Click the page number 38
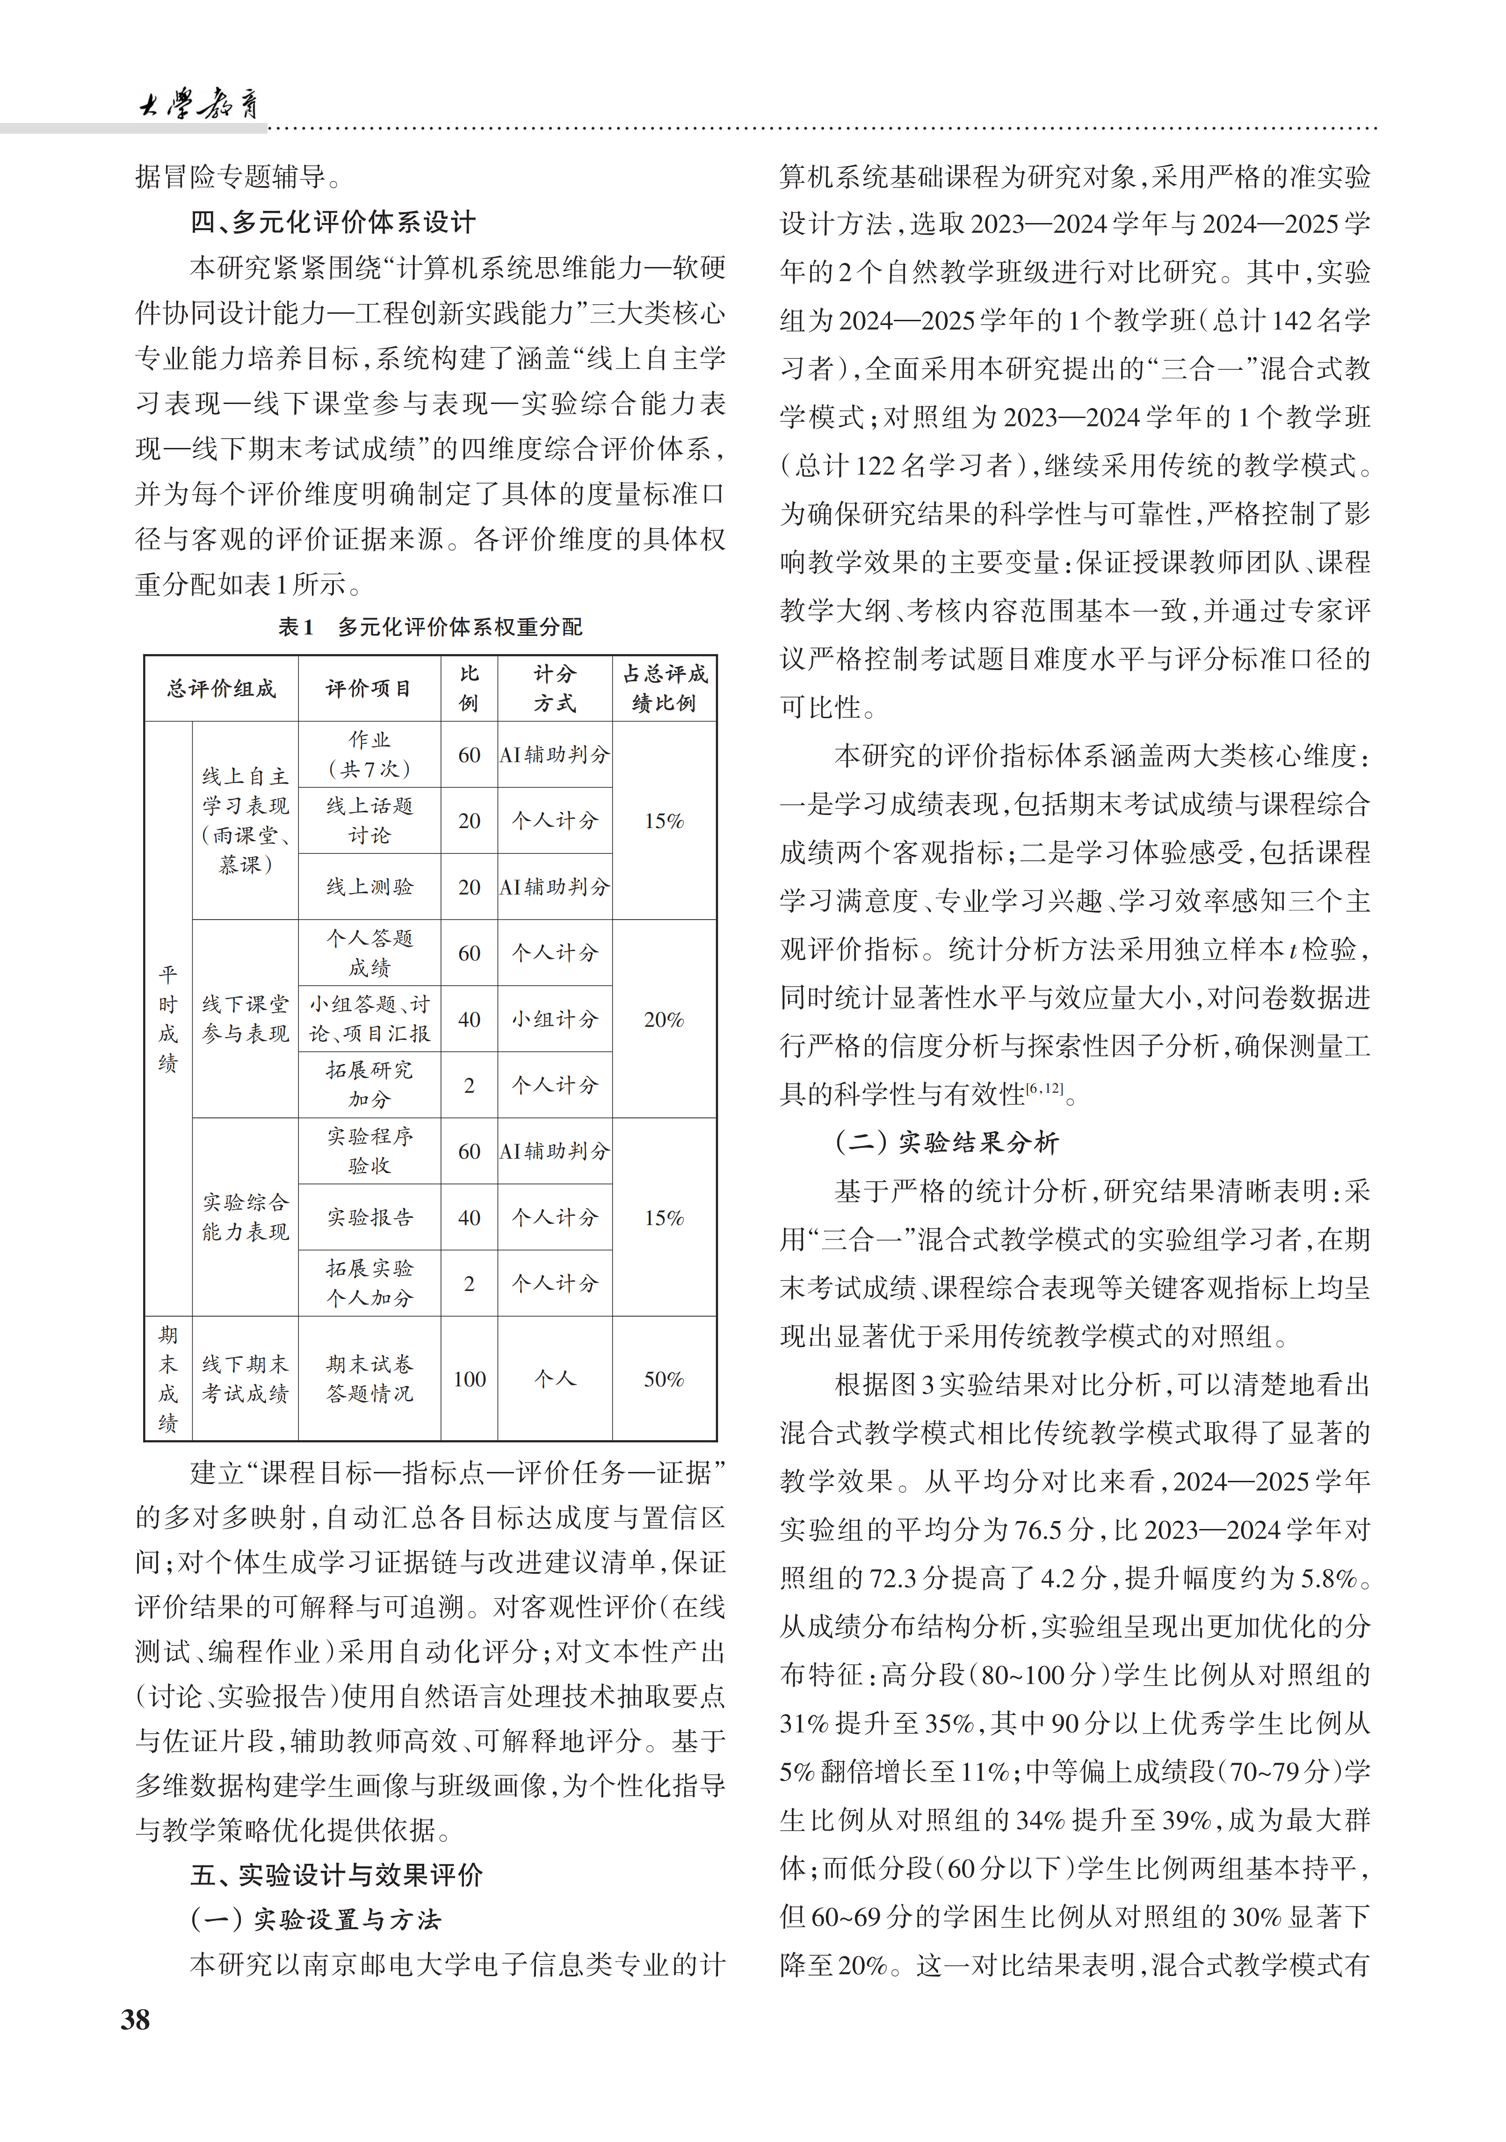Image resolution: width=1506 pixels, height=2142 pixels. (135, 2020)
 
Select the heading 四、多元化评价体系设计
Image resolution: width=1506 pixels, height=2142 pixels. (333, 222)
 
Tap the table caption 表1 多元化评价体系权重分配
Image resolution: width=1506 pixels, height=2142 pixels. (430, 627)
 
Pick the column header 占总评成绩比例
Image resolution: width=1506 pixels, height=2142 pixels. (664, 688)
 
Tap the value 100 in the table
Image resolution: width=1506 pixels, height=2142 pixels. (470, 1379)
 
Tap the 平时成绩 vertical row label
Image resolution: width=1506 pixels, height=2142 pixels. (168, 1019)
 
